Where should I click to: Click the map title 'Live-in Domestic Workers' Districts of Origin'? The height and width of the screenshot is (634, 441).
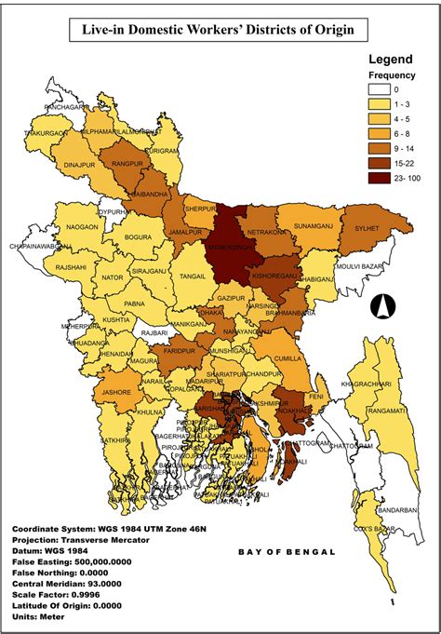pos(220,31)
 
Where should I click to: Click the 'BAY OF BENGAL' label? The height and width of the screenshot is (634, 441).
pos(286,552)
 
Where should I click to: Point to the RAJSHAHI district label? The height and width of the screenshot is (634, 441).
pos(45,267)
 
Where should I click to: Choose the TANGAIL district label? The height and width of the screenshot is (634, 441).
pos(192,277)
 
